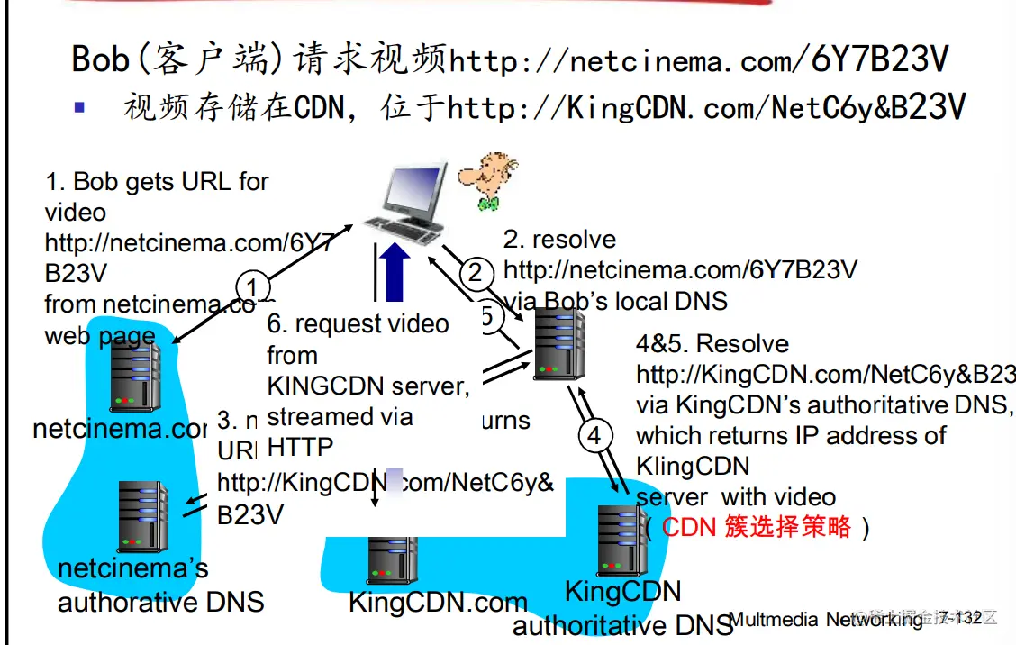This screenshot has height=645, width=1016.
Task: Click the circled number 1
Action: point(253,288)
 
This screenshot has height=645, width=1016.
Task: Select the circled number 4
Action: point(594,437)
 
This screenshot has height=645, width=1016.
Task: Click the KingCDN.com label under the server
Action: point(438,603)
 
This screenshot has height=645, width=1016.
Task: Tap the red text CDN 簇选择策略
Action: point(757,527)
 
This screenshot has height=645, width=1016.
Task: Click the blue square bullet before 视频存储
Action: point(79,106)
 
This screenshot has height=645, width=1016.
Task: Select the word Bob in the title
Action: point(101,59)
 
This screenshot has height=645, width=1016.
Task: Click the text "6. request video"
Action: point(358,324)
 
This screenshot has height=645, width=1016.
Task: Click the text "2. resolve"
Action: point(559,240)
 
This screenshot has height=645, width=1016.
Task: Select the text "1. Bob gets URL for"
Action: point(157,182)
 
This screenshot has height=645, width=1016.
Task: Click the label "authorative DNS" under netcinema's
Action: point(160,602)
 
